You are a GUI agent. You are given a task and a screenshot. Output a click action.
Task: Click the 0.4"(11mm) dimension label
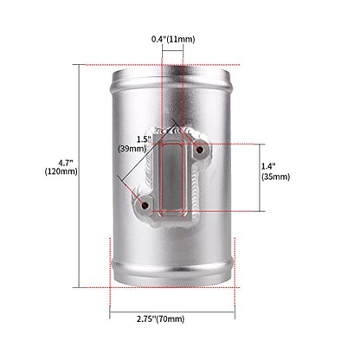(x=173, y=39)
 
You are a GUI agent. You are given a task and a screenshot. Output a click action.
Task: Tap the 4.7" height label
(x=63, y=163)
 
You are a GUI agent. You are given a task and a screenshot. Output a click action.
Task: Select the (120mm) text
(x=61, y=171)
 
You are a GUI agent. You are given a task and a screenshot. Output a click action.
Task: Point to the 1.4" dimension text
(x=268, y=166)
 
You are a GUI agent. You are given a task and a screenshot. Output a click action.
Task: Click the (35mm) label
(x=276, y=177)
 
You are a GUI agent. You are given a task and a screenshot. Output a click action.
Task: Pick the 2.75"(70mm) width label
(x=161, y=318)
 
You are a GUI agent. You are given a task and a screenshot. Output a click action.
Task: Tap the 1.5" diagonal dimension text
(x=144, y=139)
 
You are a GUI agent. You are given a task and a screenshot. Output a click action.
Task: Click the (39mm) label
(x=132, y=149)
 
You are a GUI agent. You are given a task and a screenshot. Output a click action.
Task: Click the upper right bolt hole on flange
(x=199, y=150)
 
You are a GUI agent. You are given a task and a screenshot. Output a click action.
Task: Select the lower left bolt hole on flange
(x=145, y=205)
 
